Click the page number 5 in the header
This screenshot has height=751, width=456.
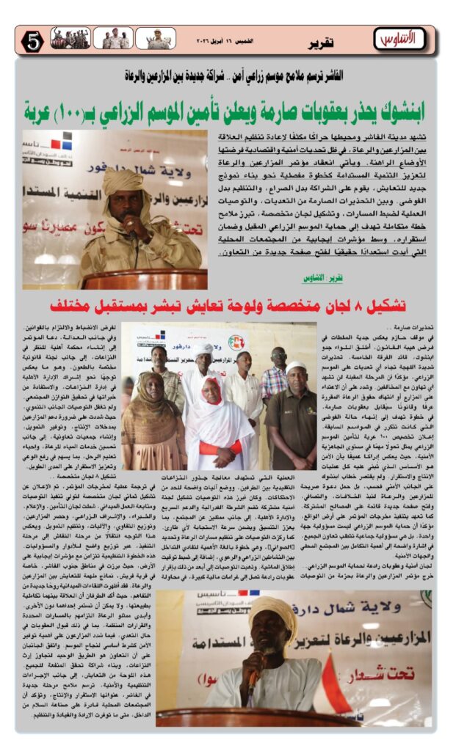(32, 41)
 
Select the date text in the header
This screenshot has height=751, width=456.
(214, 42)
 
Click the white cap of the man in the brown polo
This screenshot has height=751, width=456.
(296, 367)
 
